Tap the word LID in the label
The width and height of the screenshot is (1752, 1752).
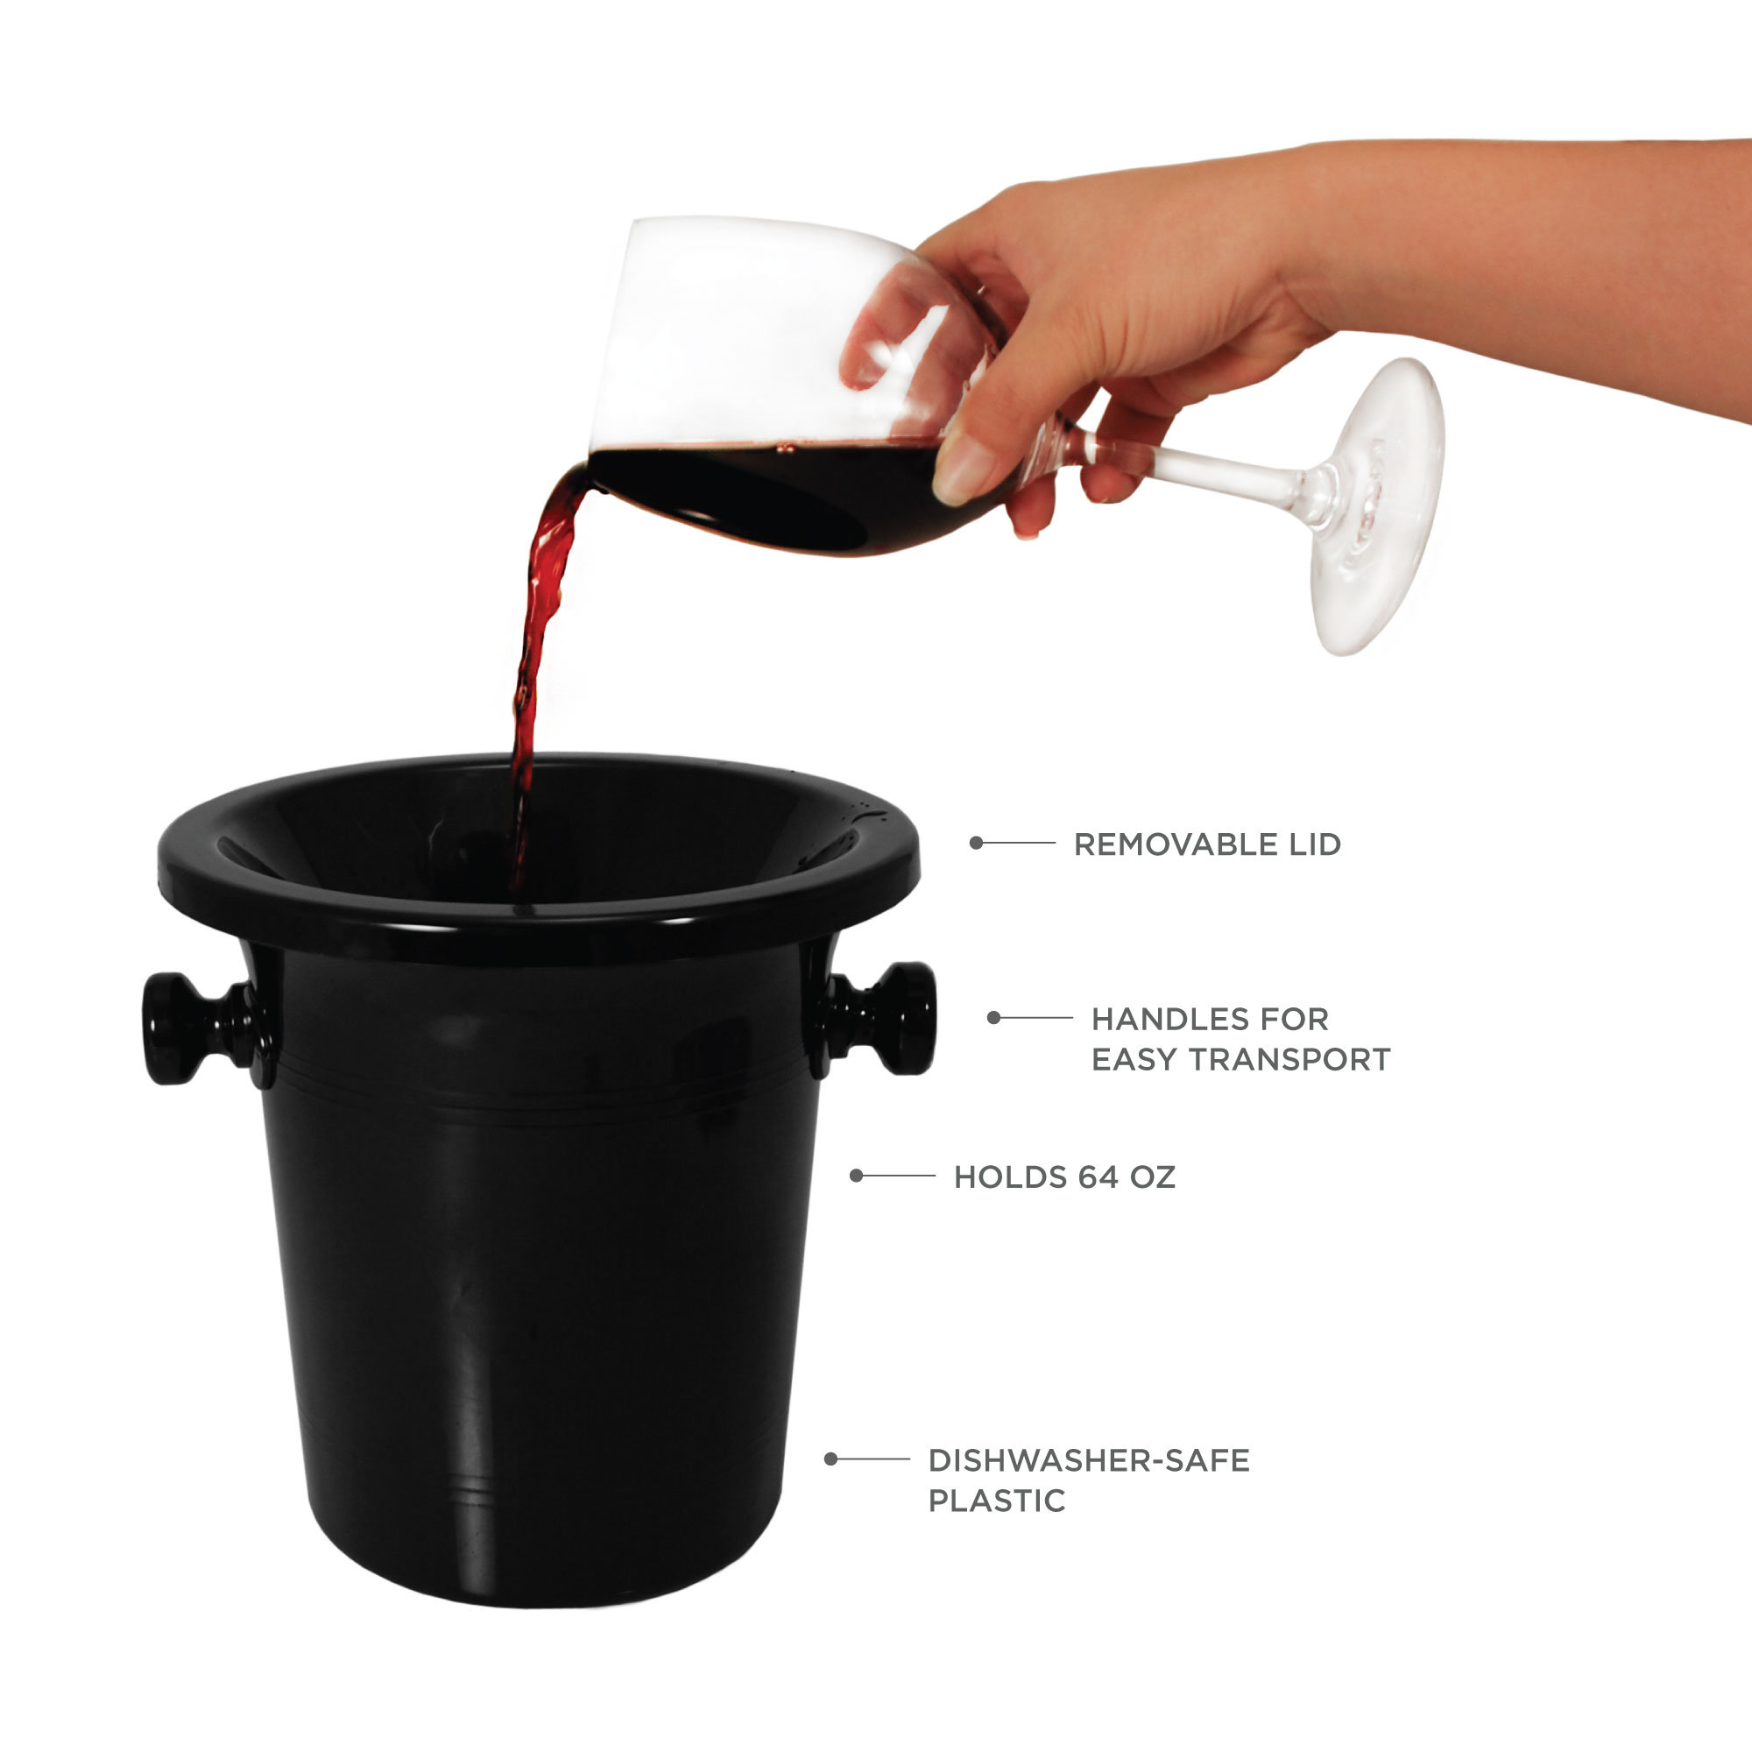coord(1313,844)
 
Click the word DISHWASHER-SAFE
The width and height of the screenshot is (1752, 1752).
coord(1088,1460)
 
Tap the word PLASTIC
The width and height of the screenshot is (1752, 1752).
coord(996,1501)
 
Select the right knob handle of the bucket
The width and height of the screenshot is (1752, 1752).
coord(903,1017)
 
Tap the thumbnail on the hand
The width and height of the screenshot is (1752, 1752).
coord(961,467)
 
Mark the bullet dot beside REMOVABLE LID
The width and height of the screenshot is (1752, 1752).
coord(977,844)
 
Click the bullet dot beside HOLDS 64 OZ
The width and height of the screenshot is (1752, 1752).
coord(856,1176)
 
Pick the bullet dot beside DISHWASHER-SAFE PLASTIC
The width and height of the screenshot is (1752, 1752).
coord(830,1459)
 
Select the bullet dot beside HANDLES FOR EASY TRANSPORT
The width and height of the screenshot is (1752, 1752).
coord(994,1017)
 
